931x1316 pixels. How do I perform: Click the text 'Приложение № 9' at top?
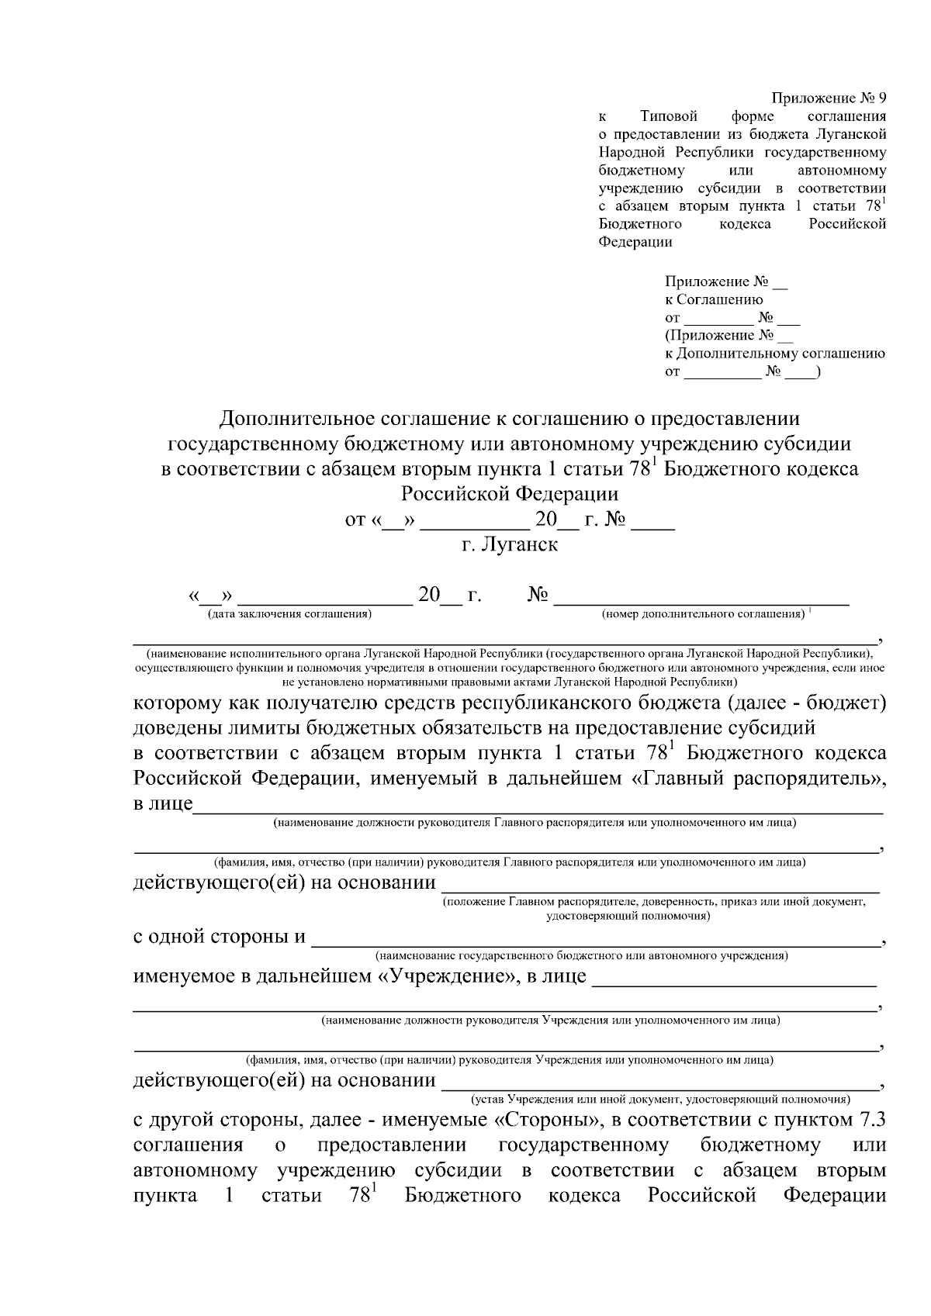[828, 98]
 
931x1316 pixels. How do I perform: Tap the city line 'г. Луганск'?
[510, 544]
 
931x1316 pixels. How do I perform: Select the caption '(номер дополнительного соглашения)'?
[703, 614]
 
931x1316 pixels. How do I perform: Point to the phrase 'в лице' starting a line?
[163, 803]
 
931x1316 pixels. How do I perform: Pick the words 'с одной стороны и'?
[220, 936]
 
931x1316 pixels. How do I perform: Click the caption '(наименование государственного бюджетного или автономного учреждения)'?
[581, 955]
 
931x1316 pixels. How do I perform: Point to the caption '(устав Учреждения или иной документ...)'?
[659, 1099]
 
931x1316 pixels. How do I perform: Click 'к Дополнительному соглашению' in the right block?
[775, 354]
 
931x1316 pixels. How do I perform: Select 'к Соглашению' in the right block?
[714, 299]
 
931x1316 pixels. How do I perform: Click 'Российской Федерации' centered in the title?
[510, 494]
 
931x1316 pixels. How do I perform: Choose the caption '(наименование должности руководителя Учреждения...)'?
[551, 1021]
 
